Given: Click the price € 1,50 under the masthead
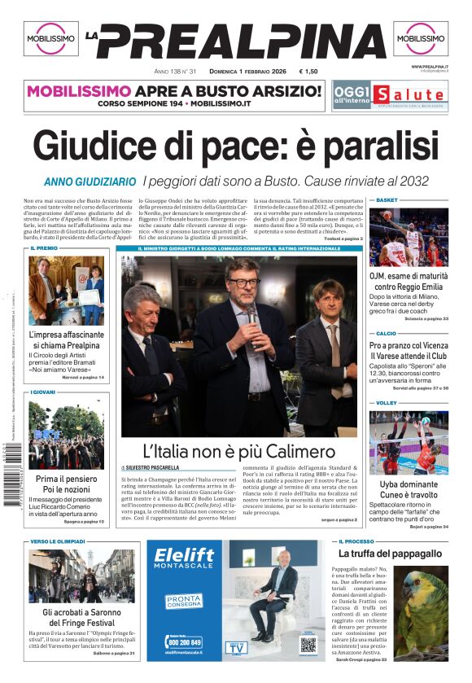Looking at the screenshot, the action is coord(308,72).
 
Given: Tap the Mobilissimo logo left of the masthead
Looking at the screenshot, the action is coord(50,38).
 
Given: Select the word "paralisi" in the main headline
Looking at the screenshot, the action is coord(369,147).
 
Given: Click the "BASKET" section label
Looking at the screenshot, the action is coord(387,199).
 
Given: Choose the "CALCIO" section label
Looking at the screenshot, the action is coord(387,334).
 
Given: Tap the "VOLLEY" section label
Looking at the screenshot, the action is coord(387,403).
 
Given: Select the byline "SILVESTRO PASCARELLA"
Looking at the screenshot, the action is coord(155,468).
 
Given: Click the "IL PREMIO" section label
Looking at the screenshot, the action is coord(44,248).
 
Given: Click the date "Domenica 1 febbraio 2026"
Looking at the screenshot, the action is coord(249,72).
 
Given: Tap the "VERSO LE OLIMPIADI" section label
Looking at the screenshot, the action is coord(58,541).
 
